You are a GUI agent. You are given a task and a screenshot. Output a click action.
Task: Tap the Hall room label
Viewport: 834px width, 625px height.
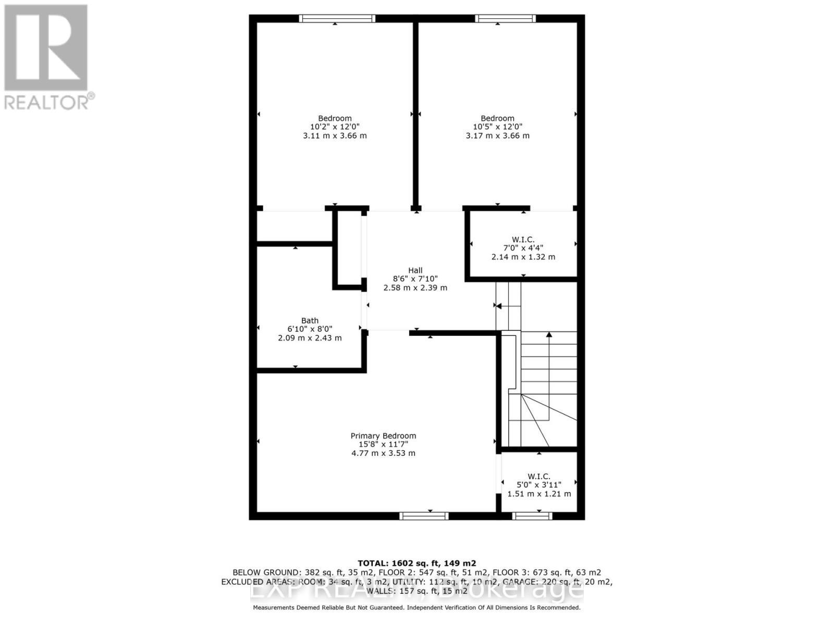coord(415,270)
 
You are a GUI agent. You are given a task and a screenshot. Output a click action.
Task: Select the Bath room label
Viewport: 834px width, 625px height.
coord(310,321)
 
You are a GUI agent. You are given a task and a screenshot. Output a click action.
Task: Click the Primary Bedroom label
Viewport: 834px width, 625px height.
coord(383,436)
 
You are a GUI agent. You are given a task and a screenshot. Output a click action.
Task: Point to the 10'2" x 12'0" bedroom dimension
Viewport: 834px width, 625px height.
coord(335,127)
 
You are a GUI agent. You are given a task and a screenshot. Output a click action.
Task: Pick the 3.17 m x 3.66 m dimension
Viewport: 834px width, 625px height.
coord(497,135)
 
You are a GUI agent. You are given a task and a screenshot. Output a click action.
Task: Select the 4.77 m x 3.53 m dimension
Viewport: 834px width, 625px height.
coord(383,453)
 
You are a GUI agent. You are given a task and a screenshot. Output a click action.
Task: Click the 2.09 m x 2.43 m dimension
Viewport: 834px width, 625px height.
coord(310,338)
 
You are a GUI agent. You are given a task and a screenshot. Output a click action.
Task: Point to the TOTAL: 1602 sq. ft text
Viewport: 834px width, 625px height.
coord(416,563)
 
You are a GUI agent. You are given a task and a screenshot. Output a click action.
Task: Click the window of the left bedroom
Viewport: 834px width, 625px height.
coord(337,19)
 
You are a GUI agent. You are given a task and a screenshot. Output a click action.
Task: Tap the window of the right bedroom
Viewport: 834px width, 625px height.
coord(505,19)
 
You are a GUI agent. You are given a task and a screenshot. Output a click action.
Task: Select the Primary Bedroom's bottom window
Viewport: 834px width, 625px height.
coord(424,516)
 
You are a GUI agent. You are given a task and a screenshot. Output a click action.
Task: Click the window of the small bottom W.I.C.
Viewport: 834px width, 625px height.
coord(532,516)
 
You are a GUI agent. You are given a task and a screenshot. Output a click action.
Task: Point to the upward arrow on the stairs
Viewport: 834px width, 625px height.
coord(549,335)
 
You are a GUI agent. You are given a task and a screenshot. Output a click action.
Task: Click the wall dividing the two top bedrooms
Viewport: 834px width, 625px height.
coord(416,115)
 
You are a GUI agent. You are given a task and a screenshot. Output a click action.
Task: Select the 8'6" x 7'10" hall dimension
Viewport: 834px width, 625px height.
coord(415,279)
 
